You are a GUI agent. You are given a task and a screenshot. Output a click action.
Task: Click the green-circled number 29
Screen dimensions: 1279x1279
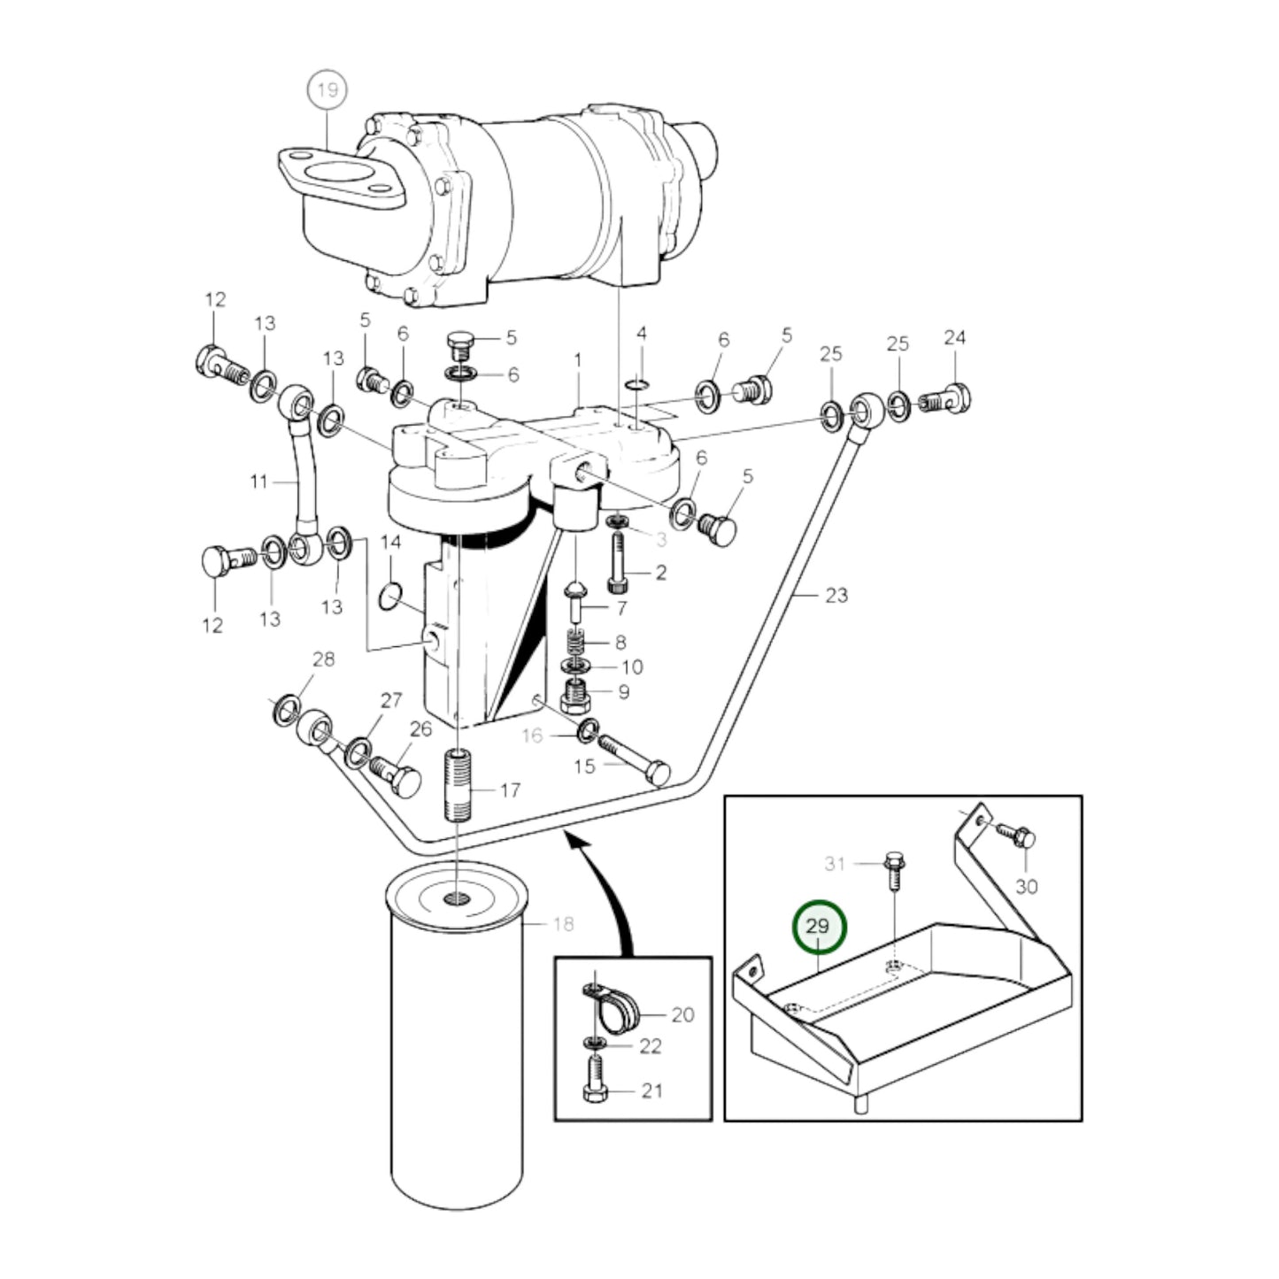tap(819, 927)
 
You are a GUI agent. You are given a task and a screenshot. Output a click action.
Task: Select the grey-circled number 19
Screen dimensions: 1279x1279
tap(327, 89)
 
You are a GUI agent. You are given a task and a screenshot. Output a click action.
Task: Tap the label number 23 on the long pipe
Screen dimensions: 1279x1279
tap(836, 595)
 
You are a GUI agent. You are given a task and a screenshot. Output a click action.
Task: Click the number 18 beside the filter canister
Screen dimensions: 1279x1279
tap(563, 924)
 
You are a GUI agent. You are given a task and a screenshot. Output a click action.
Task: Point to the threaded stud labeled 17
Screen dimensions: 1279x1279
tap(458, 784)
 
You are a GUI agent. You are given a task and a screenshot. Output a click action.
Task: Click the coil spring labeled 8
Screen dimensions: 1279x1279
tap(576, 642)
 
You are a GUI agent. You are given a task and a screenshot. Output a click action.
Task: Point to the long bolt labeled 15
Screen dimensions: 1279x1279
tap(633, 757)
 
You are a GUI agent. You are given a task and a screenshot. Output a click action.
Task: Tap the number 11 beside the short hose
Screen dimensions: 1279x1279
tap(258, 482)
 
